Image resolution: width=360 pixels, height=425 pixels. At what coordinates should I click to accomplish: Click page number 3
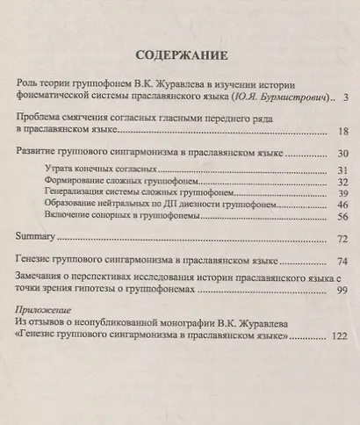(347, 96)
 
